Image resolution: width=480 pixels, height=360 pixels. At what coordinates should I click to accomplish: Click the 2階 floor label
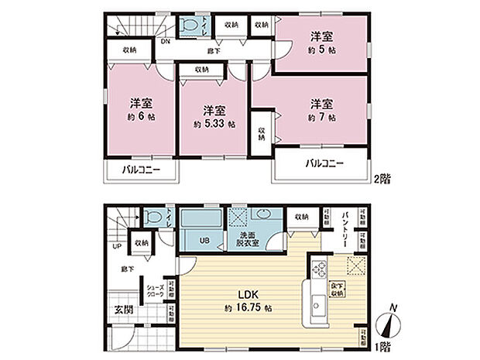pyautogui.click(x=382, y=178)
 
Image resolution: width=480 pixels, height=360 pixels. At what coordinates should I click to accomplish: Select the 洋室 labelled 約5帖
pyautogui.click(x=321, y=42)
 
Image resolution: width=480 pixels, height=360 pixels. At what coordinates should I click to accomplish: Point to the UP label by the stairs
pyautogui.click(x=117, y=246)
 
